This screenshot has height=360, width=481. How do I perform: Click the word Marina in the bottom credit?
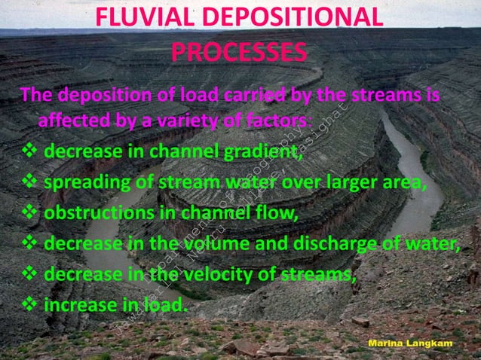(x=387, y=343)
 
